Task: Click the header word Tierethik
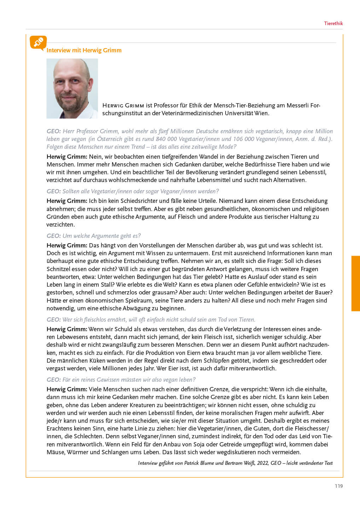[333, 23]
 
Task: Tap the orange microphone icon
[38, 43]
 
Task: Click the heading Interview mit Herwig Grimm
[84, 50]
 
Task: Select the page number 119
[338, 486]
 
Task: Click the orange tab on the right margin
[355, 283]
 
